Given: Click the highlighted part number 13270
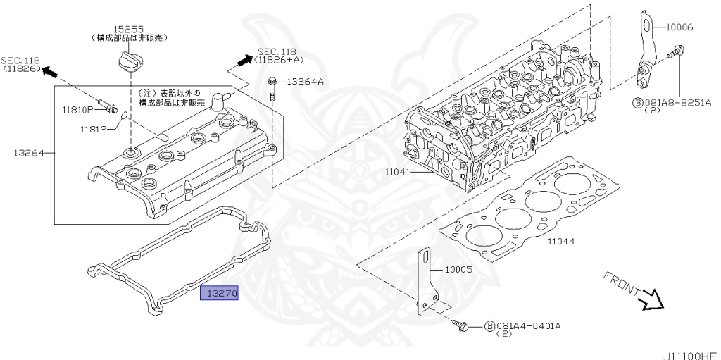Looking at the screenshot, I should click(220, 293).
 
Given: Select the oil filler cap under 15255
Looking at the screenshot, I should click(130, 61).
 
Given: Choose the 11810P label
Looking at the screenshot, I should click(75, 110).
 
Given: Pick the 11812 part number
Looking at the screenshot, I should click(92, 129).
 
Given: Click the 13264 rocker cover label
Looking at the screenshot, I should click(27, 152).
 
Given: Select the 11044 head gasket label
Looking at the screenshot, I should click(561, 241).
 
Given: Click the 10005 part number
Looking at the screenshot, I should click(458, 269).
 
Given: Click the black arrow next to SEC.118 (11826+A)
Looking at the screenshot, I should click(242, 61).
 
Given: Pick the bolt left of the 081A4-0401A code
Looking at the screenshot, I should click(463, 325).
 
